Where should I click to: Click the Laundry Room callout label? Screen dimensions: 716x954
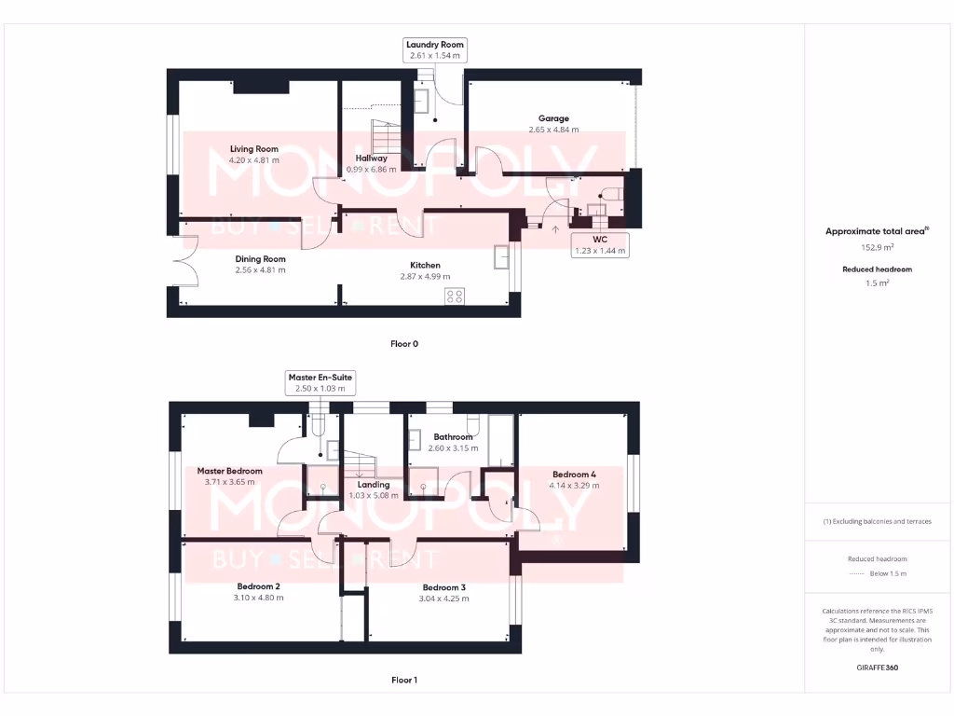tap(434, 50)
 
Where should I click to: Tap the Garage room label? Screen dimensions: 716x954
tap(552, 118)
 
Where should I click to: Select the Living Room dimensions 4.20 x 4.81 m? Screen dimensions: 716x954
tap(254, 160)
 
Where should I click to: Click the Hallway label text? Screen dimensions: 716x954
tap(371, 158)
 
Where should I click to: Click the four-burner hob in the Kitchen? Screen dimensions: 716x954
tap(455, 296)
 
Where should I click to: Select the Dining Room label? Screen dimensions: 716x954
tap(260, 259)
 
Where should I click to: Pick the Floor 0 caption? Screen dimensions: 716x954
tap(404, 344)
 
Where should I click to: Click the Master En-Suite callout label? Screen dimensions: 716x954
tap(321, 382)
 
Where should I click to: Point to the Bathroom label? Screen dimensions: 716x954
tap(453, 436)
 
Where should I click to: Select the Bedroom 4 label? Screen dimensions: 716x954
tap(574, 474)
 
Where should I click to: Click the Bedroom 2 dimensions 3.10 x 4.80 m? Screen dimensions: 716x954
tap(258, 598)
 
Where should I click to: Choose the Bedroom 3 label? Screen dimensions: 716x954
tap(443, 587)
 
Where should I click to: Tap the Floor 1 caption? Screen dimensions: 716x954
tap(404, 680)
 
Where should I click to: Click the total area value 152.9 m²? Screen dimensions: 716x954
tap(875, 248)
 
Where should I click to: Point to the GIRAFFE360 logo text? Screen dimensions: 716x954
tap(876, 668)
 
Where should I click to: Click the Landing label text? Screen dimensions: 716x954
tap(373, 484)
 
